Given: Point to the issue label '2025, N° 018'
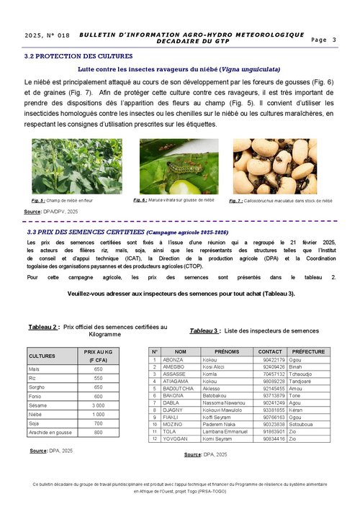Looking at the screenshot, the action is click(47, 35).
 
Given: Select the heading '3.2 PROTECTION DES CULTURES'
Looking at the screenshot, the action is click(78, 55).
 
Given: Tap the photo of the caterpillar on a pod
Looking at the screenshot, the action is click(179, 166).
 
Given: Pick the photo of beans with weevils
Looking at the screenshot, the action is click(275, 166).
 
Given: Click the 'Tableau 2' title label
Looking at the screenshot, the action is click(43, 327).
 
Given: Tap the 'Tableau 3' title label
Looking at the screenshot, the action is click(205, 330).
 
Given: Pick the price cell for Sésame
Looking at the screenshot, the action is click(98, 405).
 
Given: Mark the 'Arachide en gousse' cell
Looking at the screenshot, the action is click(49, 433).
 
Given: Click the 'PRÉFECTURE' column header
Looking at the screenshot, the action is click(308, 351).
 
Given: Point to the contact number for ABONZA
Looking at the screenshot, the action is click(274, 359).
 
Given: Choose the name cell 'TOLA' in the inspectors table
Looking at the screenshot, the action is click(171, 431).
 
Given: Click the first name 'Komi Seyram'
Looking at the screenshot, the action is click(217, 438).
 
